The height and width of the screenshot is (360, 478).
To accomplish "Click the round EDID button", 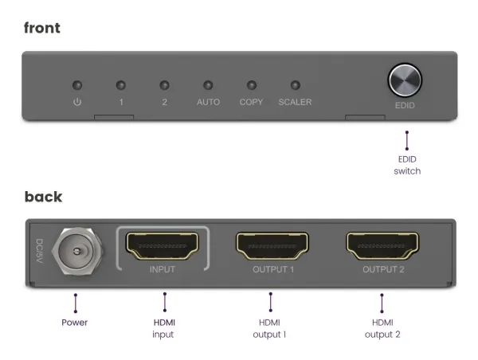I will point(405,80).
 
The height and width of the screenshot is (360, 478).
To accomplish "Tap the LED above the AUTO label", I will point(208,84).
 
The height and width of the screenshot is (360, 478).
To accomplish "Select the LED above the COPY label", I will point(251,84).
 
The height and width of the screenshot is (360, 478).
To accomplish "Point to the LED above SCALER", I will point(295,84).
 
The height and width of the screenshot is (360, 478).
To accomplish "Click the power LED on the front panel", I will point(77,84).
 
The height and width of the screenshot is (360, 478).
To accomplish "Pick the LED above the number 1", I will point(121,84).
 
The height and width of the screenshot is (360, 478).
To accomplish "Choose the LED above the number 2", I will point(164,84).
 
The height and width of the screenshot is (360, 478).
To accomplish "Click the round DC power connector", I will point(75,250).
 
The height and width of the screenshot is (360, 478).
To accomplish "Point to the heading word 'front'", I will point(42,29).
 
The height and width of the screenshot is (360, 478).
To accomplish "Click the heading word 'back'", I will point(43,197).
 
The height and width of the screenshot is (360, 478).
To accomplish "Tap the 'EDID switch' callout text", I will point(406,165).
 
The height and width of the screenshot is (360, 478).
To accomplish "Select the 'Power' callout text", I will point(75,323).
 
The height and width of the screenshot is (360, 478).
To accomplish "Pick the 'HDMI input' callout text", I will point(164,328).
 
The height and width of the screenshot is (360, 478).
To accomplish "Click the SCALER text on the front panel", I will point(295,103).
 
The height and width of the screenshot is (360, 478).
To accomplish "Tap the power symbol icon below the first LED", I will point(77,103).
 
